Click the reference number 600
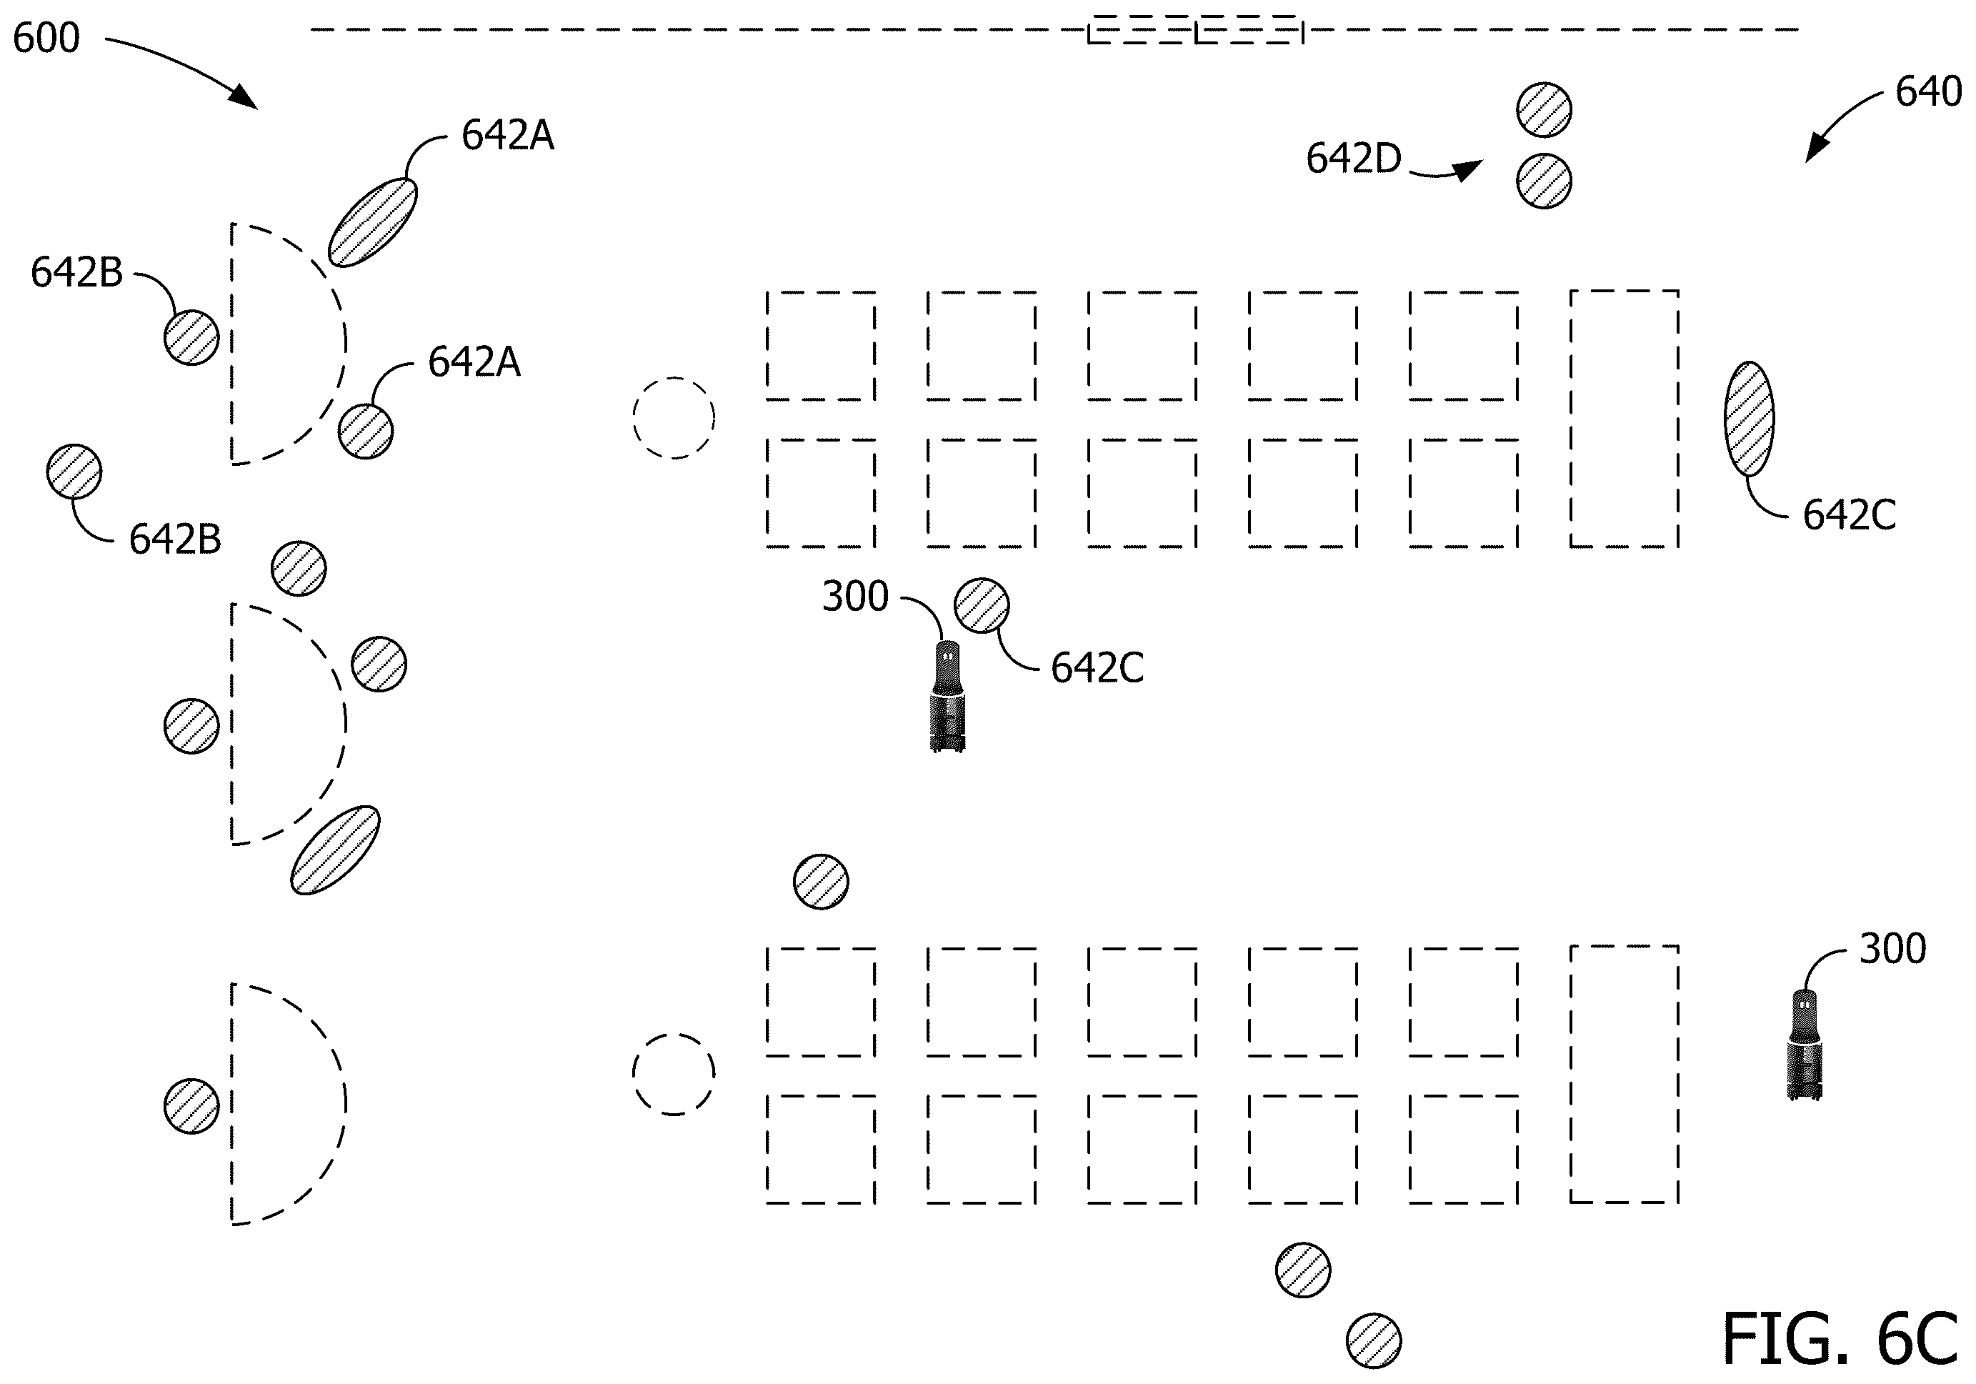tap(46, 38)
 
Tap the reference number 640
tap(1928, 91)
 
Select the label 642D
tap(1354, 159)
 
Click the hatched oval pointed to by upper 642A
tap(373, 222)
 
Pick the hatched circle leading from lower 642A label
tap(366, 432)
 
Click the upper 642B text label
tap(76, 272)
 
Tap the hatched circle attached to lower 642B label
tap(74, 472)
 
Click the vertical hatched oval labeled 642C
tap(1749, 418)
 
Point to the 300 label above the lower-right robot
tap(1892, 948)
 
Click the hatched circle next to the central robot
tap(982, 605)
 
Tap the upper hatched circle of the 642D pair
tap(1544, 110)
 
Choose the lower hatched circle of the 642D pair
tap(1544, 181)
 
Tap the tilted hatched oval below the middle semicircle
tap(335, 850)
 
